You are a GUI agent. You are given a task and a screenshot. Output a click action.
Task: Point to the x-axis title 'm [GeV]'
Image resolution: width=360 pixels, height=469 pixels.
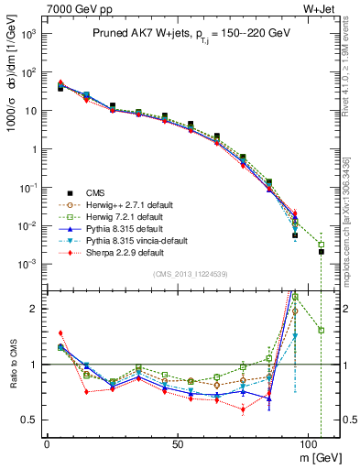(319, 456)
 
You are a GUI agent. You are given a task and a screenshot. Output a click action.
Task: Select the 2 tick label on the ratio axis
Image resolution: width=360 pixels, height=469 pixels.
(35, 309)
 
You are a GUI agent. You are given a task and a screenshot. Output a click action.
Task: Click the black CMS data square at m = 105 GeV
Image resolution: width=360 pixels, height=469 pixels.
(322, 251)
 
